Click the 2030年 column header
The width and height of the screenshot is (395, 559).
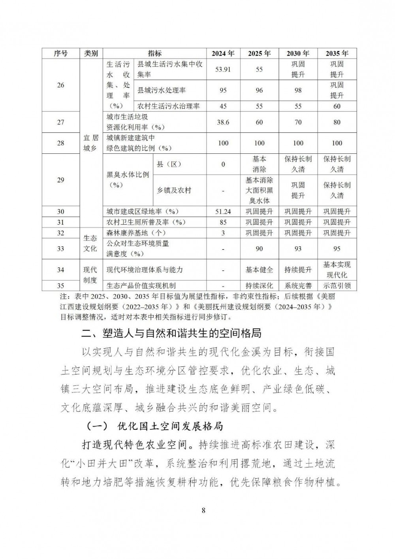click(x=298, y=53)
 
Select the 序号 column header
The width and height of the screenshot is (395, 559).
click(x=60, y=53)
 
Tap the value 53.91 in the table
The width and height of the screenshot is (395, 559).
click(x=223, y=69)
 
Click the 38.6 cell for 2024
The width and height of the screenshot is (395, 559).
click(x=223, y=122)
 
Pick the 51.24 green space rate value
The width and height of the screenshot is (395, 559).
click(x=223, y=212)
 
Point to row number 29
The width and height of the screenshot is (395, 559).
click(x=60, y=180)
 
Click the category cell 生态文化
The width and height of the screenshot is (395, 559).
click(x=90, y=243)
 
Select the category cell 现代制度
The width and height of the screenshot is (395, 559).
click(x=90, y=275)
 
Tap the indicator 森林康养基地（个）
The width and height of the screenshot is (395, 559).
click(x=136, y=233)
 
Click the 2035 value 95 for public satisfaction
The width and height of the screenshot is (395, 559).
click(x=337, y=249)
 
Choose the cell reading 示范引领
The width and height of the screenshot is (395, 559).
click(x=337, y=285)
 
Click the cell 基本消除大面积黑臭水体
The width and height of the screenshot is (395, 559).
click(x=259, y=190)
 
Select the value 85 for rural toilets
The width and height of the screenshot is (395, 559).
click(x=223, y=222)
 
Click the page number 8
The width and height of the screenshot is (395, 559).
click(x=203, y=510)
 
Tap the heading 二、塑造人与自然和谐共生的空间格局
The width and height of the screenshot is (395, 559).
click(x=171, y=333)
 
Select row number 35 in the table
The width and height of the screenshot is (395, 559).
click(x=60, y=285)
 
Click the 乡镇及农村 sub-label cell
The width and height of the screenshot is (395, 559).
click(x=174, y=190)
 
